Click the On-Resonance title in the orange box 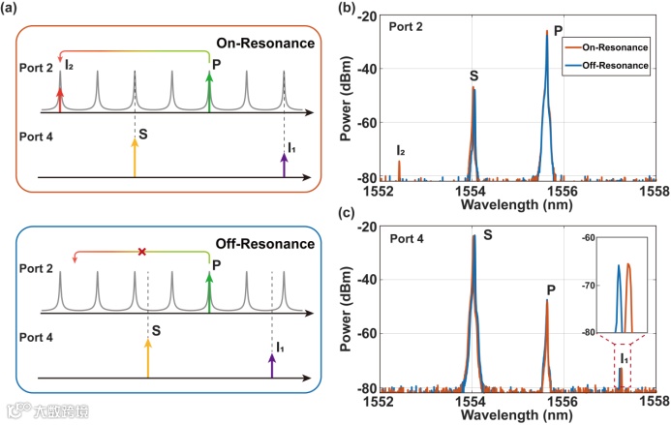(x=275, y=43)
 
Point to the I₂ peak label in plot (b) (x=400, y=151)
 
